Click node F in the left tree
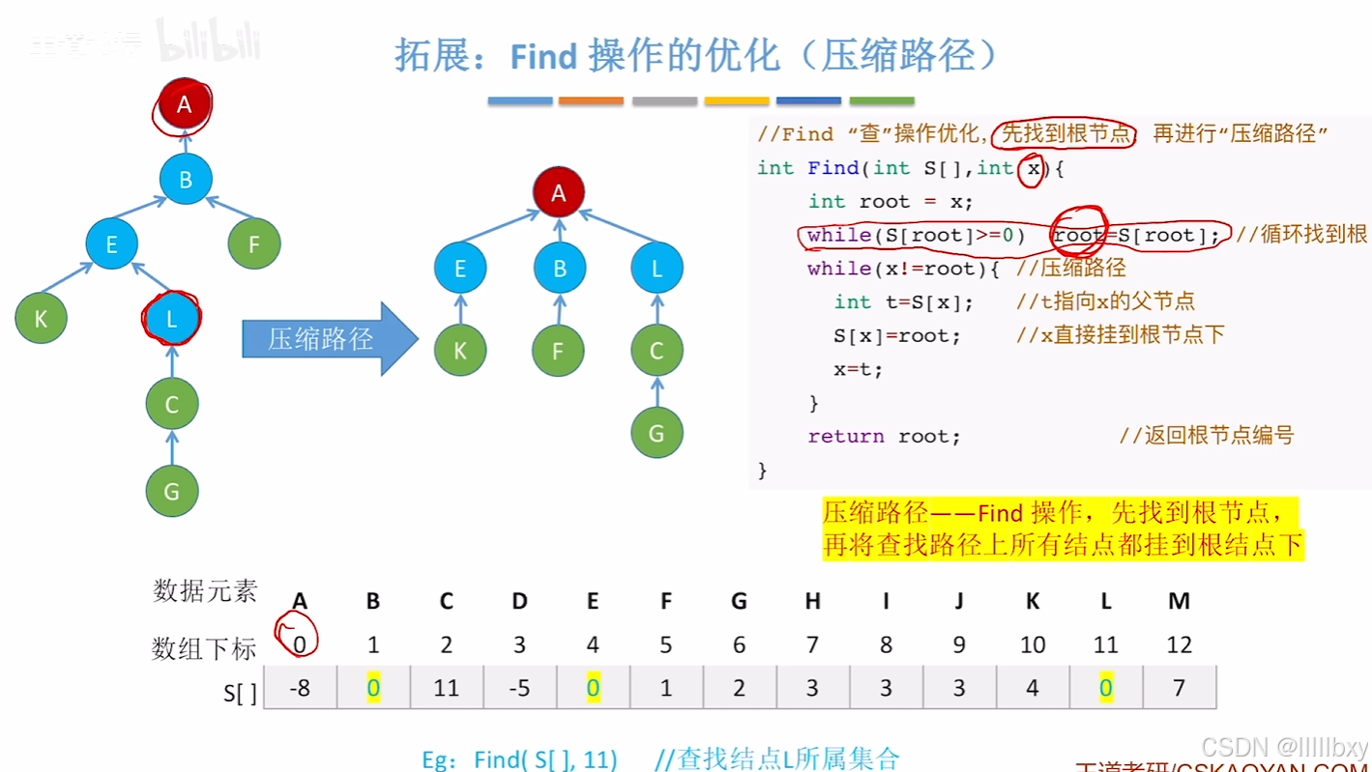[x=254, y=244]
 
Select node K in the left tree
[x=41, y=318]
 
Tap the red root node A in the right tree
[x=558, y=192]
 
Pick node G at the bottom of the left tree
[x=171, y=491]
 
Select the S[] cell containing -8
[x=300, y=688]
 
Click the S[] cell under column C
[x=446, y=688]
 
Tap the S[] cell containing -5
[x=519, y=688]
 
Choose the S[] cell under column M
[x=1179, y=688]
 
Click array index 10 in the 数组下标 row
[x=1032, y=644]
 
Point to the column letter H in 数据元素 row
[x=812, y=601]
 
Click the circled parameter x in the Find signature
[x=1034, y=168]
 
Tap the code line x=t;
[x=859, y=368]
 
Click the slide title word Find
[x=543, y=57]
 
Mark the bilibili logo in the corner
[x=209, y=41]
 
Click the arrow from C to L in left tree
[x=172, y=360]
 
